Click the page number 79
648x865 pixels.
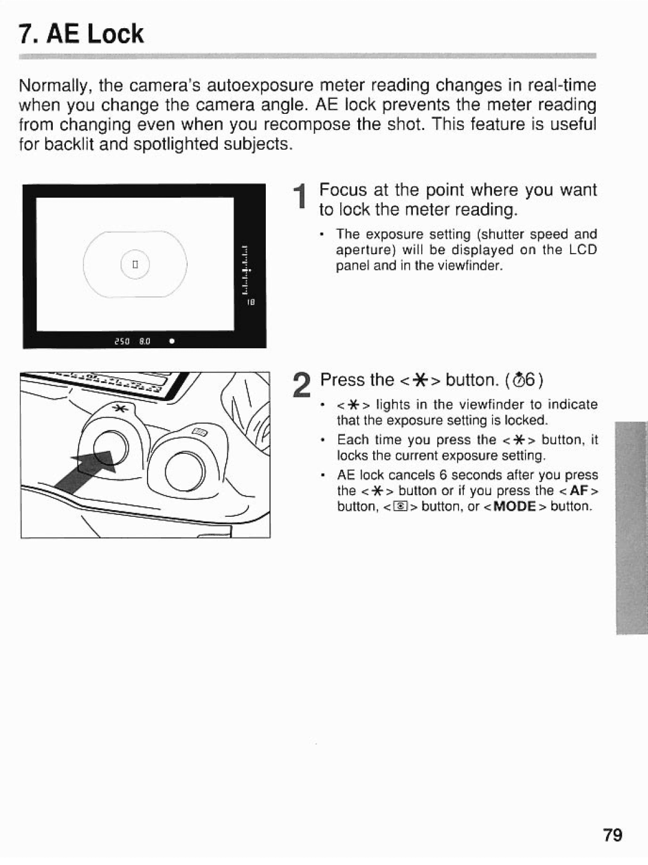(x=613, y=834)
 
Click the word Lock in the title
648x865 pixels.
(x=115, y=34)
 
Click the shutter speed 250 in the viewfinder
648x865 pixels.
(x=122, y=341)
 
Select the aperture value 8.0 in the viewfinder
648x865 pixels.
(x=145, y=341)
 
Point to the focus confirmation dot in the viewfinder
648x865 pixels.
(x=172, y=341)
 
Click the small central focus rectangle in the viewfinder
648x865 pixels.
(x=136, y=264)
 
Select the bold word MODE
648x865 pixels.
(x=514, y=507)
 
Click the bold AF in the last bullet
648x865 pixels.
(x=578, y=490)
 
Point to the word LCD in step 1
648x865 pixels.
(x=583, y=250)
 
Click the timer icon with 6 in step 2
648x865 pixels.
(x=524, y=380)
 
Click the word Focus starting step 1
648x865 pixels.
(x=343, y=190)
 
